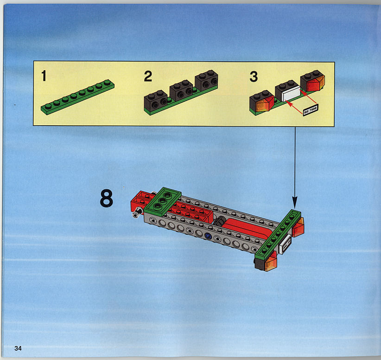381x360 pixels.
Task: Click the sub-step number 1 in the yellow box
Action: point(44,76)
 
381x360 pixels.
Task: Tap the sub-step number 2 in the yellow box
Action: point(148,76)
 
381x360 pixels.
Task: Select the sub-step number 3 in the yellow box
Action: point(254,77)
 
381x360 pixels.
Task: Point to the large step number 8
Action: point(107,199)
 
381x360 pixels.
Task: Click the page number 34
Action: point(18,348)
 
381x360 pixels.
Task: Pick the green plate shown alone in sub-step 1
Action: point(77,96)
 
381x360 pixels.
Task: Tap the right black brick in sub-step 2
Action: point(206,81)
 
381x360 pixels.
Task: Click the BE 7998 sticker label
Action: point(311,110)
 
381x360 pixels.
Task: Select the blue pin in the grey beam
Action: point(208,236)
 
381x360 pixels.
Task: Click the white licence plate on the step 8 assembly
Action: point(285,244)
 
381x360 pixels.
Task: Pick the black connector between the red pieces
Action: point(220,220)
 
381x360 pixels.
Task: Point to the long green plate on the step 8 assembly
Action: point(278,234)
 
